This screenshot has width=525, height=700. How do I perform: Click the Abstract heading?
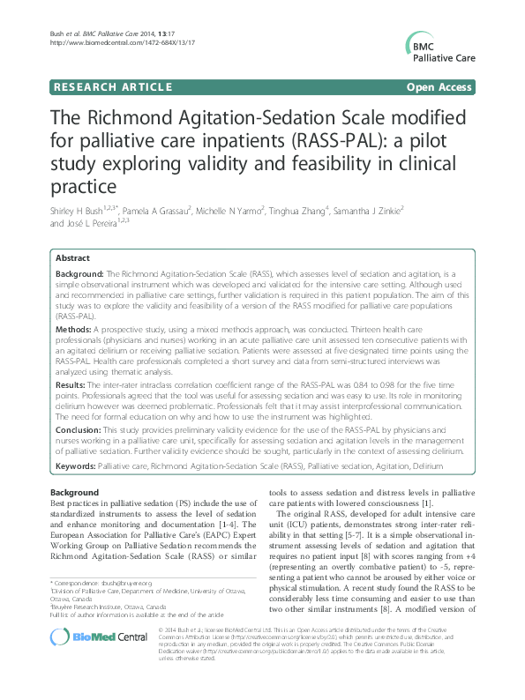(72, 257)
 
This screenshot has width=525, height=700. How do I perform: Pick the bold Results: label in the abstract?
(74, 385)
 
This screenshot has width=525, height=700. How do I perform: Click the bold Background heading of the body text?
(74, 491)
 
